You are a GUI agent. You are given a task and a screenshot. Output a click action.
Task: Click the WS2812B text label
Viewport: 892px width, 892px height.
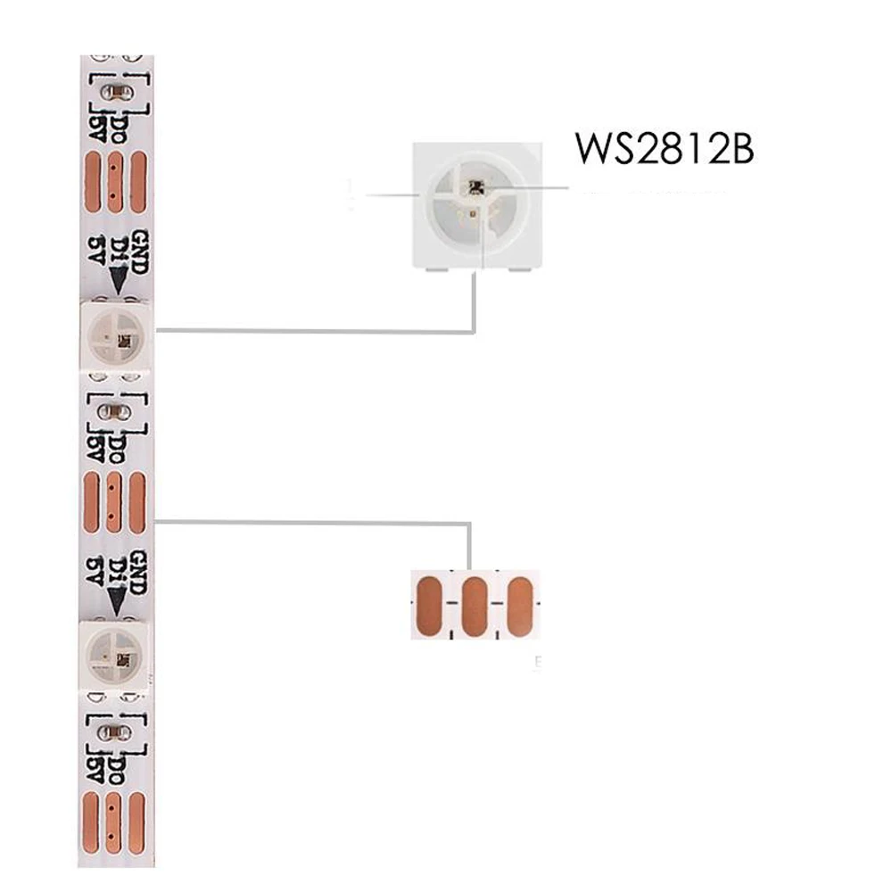(x=665, y=148)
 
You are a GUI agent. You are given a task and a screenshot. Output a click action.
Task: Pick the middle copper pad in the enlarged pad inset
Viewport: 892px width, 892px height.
(x=475, y=607)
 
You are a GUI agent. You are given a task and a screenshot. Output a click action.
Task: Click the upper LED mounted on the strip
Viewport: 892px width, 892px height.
(x=116, y=336)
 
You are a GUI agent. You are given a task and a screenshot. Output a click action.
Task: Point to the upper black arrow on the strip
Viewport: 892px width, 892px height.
(x=118, y=282)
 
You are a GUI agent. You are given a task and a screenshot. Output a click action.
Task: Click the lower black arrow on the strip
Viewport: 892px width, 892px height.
(x=117, y=602)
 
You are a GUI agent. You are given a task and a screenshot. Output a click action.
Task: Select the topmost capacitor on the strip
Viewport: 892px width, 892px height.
(x=116, y=90)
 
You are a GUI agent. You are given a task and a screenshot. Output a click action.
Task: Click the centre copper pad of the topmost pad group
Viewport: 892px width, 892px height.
(x=115, y=182)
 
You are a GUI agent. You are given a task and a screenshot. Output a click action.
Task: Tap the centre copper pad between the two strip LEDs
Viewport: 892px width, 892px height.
(x=113, y=503)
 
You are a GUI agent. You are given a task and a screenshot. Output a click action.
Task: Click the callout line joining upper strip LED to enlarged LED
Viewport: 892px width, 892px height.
(x=312, y=332)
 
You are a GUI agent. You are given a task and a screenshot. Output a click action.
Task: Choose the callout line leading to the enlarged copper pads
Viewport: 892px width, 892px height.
(x=312, y=522)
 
